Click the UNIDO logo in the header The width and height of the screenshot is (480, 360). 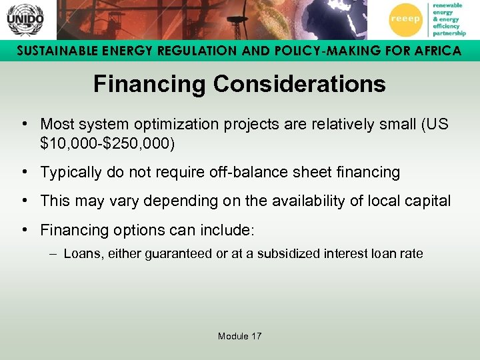pyautogui.click(x=25, y=19)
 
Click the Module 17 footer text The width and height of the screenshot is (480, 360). pyautogui.click(x=239, y=336)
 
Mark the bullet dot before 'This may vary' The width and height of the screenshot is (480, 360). pyautogui.click(x=24, y=201)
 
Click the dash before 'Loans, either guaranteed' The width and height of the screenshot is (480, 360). pyautogui.click(x=53, y=254)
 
